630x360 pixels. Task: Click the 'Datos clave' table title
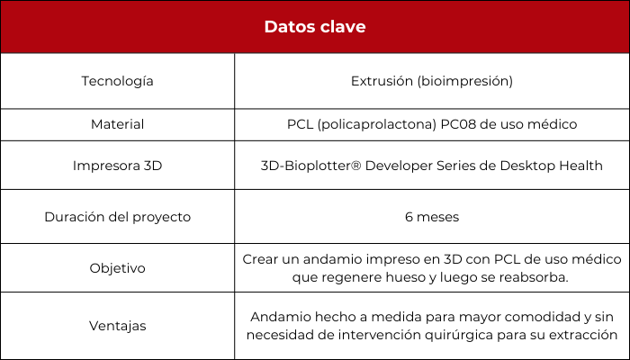315,27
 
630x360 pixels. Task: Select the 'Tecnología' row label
117,82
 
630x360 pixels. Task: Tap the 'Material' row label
117,124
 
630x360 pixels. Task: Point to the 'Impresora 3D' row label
117,166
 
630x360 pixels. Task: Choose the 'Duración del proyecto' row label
117,217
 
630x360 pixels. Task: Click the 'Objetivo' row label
117,268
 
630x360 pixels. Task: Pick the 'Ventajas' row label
117,326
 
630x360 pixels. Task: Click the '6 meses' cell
432,217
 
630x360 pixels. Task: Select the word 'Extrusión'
382,81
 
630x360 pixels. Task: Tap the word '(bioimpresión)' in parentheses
465,82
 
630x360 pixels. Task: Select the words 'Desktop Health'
551,166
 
